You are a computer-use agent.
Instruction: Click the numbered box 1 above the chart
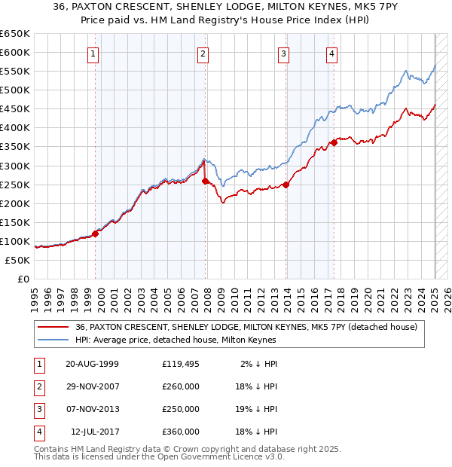click(x=92, y=53)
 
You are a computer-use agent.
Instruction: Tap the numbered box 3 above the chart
click(x=283, y=53)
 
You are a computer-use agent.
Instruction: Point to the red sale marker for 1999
click(x=96, y=233)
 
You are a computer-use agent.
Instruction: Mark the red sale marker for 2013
click(x=286, y=185)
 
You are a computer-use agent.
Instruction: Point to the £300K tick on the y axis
click(x=15, y=166)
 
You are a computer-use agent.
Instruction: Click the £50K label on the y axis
click(x=17, y=260)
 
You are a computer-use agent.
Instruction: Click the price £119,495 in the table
click(x=181, y=363)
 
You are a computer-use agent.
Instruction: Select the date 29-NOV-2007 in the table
click(x=93, y=386)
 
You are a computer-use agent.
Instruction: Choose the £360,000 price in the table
click(x=181, y=432)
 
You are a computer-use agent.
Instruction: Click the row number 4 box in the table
click(x=38, y=432)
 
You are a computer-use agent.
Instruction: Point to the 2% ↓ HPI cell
click(x=258, y=363)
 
